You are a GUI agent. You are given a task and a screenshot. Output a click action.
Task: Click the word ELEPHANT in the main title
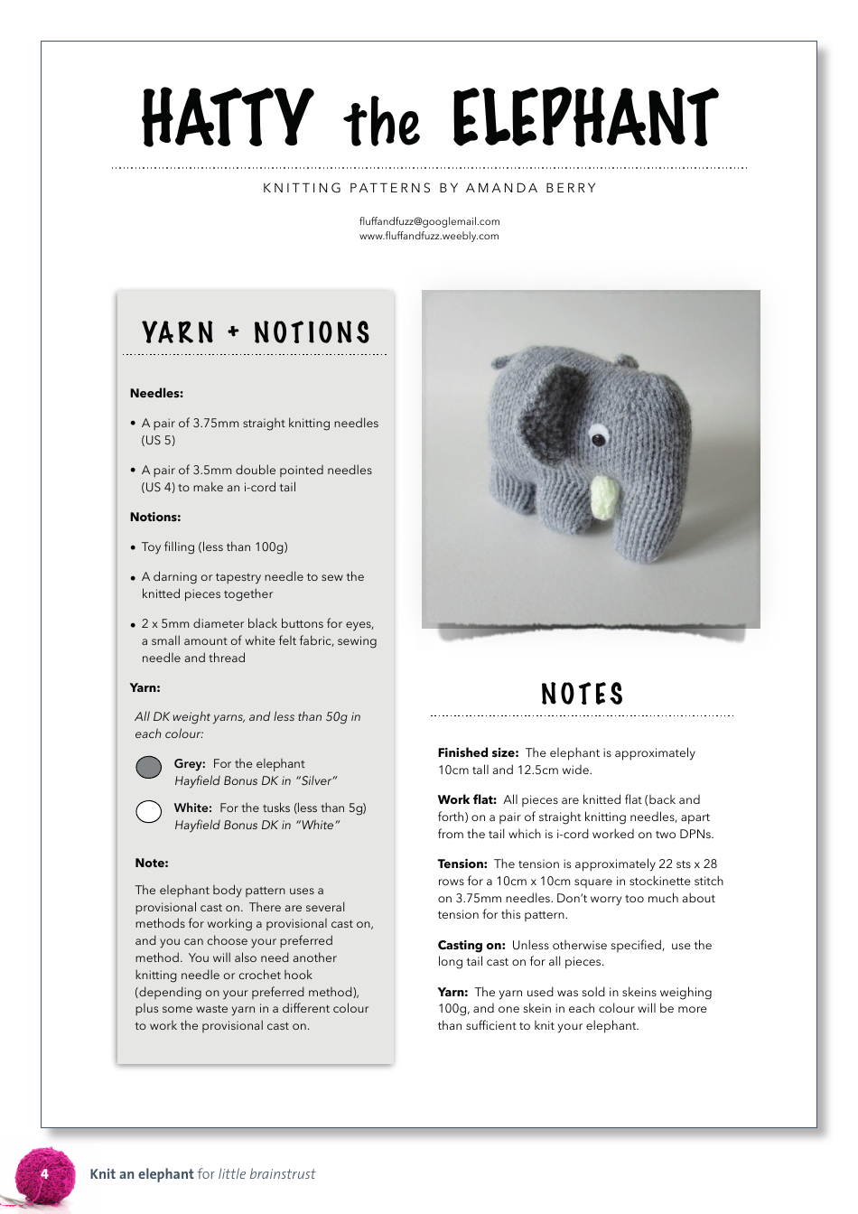[584, 118]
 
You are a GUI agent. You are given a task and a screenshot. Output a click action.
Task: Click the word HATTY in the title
[228, 118]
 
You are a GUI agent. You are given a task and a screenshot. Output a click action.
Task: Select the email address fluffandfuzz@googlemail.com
[429, 221]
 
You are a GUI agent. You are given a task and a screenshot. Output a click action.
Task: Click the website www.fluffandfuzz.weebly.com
[429, 236]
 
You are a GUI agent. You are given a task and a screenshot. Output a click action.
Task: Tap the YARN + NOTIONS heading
[256, 333]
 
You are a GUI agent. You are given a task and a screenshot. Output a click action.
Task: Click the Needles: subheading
[156, 393]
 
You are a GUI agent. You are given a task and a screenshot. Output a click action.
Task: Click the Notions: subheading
[155, 517]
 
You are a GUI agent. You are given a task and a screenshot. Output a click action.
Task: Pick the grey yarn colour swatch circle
[149, 768]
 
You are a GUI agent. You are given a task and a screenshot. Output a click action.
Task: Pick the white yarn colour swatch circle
[149, 811]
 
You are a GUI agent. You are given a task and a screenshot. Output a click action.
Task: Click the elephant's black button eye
[598, 440]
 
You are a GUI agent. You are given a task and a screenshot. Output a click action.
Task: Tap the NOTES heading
[583, 694]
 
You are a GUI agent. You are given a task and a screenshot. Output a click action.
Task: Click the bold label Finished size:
[478, 752]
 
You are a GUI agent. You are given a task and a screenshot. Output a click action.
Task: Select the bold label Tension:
[462, 864]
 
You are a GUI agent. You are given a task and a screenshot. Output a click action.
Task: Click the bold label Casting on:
[471, 945]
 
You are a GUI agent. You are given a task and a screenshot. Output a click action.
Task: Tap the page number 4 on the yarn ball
[44, 1174]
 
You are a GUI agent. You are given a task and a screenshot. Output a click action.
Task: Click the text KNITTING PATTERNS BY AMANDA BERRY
[429, 188]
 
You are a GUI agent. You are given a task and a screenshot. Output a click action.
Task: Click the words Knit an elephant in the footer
[142, 1174]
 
